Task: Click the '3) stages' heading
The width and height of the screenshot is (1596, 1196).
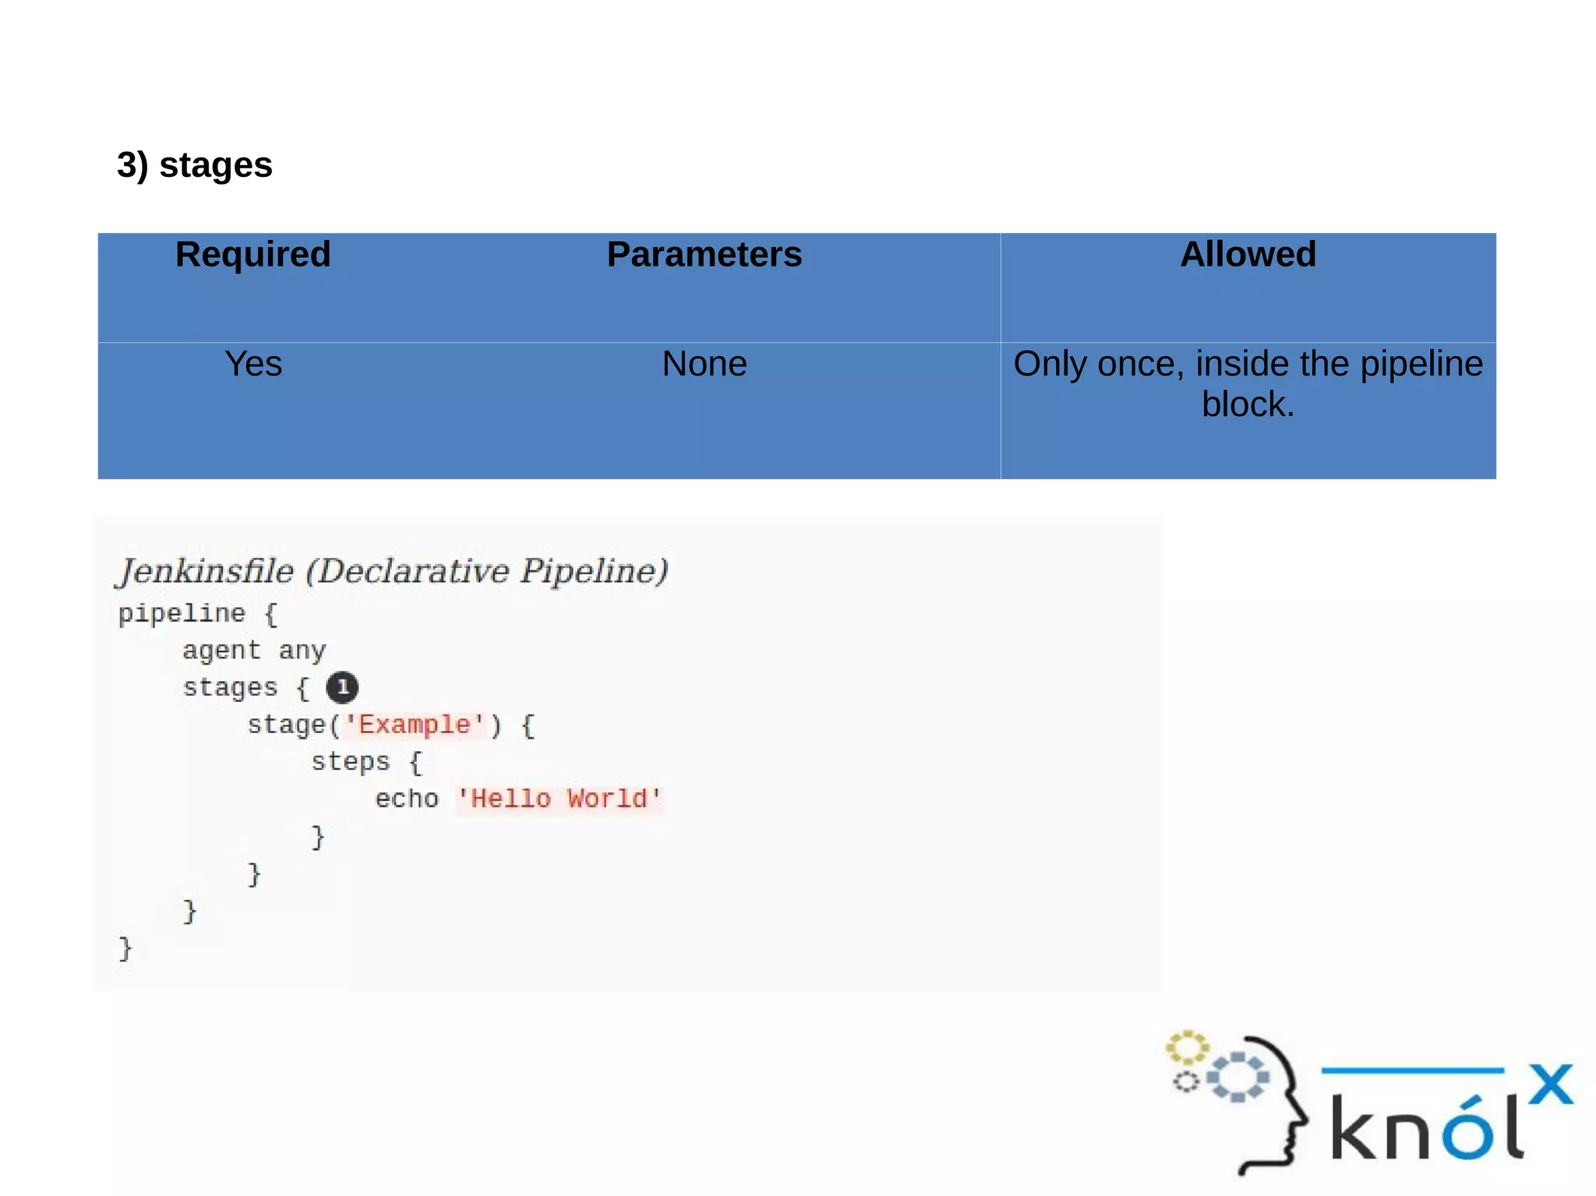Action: click(x=194, y=165)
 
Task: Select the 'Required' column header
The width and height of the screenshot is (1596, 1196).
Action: click(x=252, y=255)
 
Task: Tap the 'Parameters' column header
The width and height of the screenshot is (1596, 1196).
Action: click(x=704, y=255)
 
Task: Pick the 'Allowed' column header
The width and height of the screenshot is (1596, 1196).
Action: click(x=1248, y=255)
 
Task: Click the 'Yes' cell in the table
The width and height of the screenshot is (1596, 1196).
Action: click(x=252, y=364)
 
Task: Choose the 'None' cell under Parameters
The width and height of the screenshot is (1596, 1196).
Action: click(x=704, y=364)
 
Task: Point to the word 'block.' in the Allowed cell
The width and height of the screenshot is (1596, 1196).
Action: click(x=1248, y=404)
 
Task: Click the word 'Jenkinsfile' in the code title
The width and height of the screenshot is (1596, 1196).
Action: click(x=206, y=571)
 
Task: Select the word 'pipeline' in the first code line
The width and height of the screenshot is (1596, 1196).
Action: click(x=182, y=614)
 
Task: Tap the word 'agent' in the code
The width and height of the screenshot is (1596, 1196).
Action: click(x=221, y=651)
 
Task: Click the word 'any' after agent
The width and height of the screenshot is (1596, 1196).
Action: click(x=302, y=651)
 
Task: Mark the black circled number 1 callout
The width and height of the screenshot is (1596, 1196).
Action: click(x=342, y=687)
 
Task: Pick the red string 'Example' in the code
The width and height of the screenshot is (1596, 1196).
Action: click(x=414, y=725)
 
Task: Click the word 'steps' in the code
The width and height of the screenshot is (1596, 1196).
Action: click(x=350, y=761)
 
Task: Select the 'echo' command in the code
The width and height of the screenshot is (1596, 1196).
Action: click(x=407, y=799)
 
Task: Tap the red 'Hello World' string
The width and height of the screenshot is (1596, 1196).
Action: click(x=559, y=799)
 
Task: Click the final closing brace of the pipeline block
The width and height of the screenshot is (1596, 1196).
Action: click(x=125, y=949)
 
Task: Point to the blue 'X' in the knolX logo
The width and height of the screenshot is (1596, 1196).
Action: click(x=1550, y=1084)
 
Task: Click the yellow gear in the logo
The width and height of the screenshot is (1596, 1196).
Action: click(x=1186, y=1048)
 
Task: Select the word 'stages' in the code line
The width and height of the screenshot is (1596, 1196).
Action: click(x=230, y=687)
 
